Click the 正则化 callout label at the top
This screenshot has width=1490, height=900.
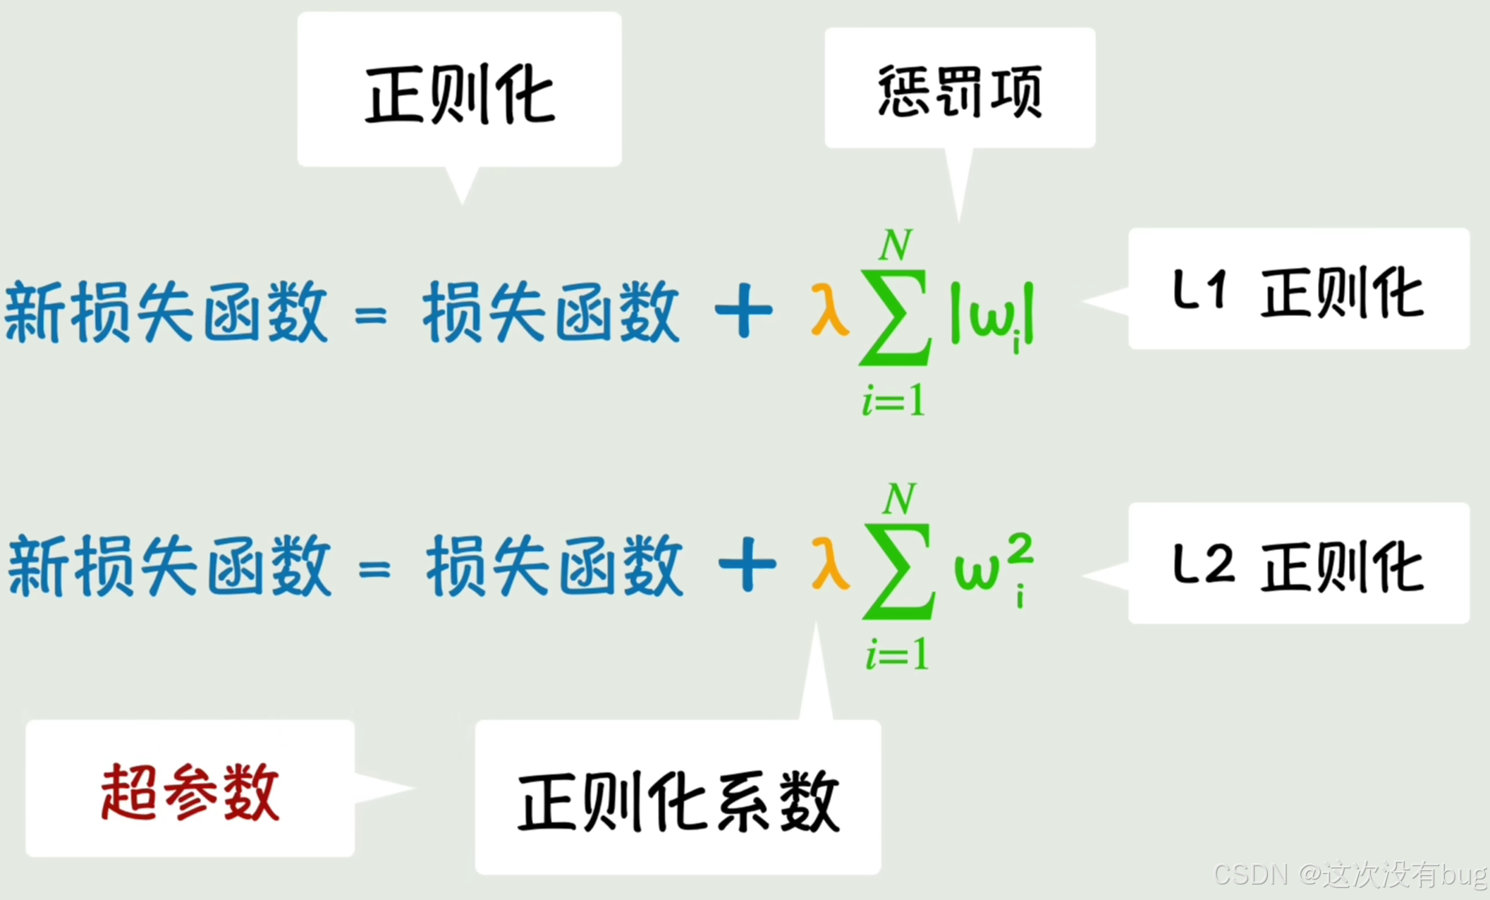pyautogui.click(x=460, y=95)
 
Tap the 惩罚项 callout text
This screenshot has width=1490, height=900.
pyautogui.click(x=960, y=91)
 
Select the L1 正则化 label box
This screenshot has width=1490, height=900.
pyautogui.click(x=1298, y=290)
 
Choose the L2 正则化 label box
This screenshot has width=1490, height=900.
pyautogui.click(x=1298, y=564)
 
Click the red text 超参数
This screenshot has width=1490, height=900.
pyautogui.click(x=190, y=791)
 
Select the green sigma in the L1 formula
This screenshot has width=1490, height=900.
pyautogui.click(x=894, y=317)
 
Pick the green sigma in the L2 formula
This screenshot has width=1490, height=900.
pyautogui.click(x=898, y=571)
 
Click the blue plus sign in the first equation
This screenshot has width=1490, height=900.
pyautogui.click(x=743, y=310)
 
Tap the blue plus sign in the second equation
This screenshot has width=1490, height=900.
pyautogui.click(x=747, y=564)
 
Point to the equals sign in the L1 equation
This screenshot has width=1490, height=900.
pyautogui.click(x=371, y=315)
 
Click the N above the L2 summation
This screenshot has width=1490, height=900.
pyautogui.click(x=900, y=499)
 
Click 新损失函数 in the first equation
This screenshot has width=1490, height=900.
pyautogui.click(x=166, y=312)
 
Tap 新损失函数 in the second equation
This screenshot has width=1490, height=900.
pyautogui.click(x=169, y=566)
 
